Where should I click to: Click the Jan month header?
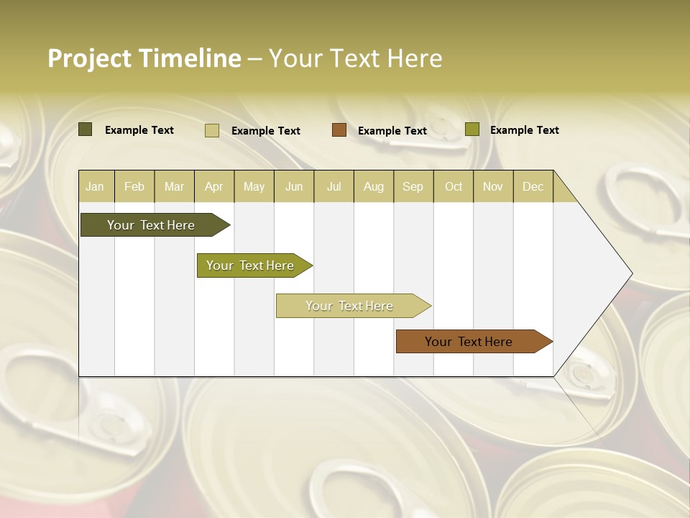[95, 186]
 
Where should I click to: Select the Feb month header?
[134, 186]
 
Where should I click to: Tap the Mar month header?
[174, 186]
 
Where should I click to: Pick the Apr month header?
[214, 186]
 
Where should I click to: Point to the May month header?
[254, 186]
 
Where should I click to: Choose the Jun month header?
[294, 186]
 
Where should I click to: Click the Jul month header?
[333, 186]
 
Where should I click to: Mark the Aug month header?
[374, 186]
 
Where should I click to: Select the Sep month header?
[413, 186]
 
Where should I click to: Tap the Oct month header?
[454, 186]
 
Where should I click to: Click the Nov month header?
[493, 186]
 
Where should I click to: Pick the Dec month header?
[533, 186]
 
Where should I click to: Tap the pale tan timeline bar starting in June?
[350, 306]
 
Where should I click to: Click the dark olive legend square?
[85, 129]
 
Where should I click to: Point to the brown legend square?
[339, 129]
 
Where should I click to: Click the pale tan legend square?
[212, 130]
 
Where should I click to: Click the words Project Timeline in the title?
[144, 58]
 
